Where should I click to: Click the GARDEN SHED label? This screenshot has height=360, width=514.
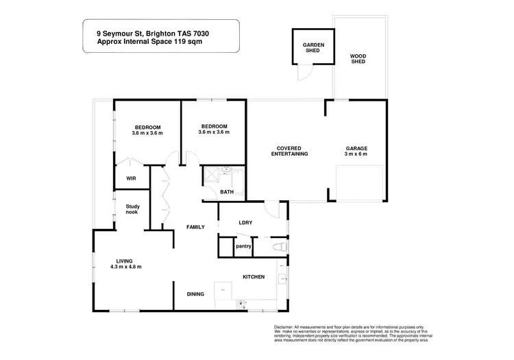pyautogui.click(x=313, y=47)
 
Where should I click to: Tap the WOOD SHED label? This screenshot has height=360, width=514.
pyautogui.click(x=358, y=59)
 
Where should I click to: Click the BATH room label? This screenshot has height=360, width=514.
pyautogui.click(x=227, y=191)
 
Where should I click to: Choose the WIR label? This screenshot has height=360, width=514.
pyautogui.click(x=131, y=178)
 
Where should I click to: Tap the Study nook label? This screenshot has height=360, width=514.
pyautogui.click(x=132, y=209)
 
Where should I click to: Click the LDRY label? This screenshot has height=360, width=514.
pyautogui.click(x=245, y=222)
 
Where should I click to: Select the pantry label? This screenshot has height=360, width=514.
pyautogui.click(x=243, y=246)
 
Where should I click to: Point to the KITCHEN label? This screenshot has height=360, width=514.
pyautogui.click(x=254, y=277)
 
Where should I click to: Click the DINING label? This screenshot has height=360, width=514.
pyautogui.click(x=195, y=294)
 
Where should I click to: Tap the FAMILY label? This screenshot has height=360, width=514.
pyautogui.click(x=196, y=226)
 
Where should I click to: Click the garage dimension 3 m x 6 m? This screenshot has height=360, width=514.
pyautogui.click(x=356, y=154)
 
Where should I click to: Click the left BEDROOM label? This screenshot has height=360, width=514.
pyautogui.click(x=147, y=128)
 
